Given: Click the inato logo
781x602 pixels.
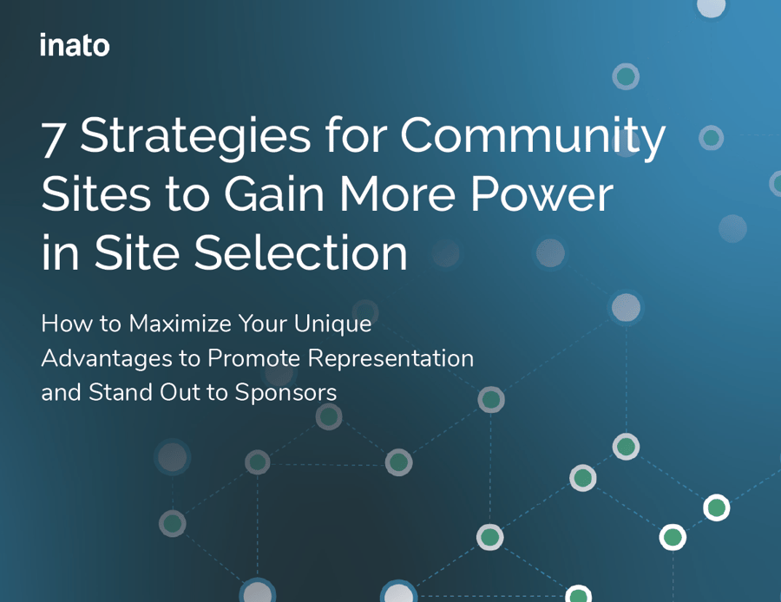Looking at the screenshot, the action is pyautogui.click(x=75, y=45).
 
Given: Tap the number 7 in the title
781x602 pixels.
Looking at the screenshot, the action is pyautogui.click(x=53, y=140).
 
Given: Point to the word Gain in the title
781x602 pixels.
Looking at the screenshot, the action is pyautogui.click(x=274, y=193).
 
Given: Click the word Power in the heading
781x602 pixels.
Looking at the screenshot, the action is pyautogui.click(x=541, y=193).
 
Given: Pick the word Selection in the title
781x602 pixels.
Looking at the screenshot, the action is pyautogui.click(x=301, y=252).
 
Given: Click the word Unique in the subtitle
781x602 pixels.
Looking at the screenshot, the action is pyautogui.click(x=332, y=324).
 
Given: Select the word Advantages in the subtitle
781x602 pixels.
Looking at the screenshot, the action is pyautogui.click(x=107, y=359).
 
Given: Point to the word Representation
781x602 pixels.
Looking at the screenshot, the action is pyautogui.click(x=390, y=359).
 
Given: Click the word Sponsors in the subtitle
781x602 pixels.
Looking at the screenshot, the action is pyautogui.click(x=285, y=393).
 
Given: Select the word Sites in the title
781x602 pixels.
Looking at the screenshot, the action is pyautogui.click(x=95, y=193).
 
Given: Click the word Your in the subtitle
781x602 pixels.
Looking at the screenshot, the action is pyautogui.click(x=262, y=324).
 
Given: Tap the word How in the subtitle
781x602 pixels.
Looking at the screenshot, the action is pyautogui.click(x=67, y=324).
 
